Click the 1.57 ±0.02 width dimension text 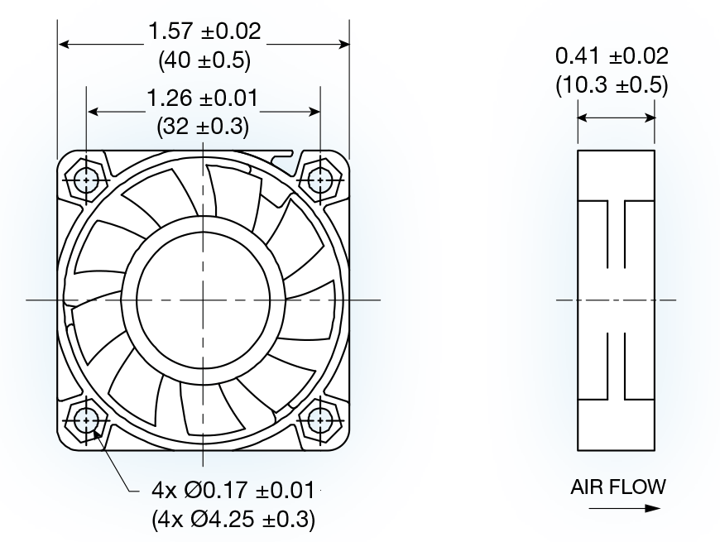(204, 32)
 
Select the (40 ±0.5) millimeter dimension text (204, 60)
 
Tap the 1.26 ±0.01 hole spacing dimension (204, 99)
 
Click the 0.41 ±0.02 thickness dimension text (612, 56)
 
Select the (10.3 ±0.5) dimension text (612, 84)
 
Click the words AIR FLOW (617, 487)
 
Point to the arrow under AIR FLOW (617, 508)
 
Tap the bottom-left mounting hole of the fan (86, 421)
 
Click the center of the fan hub (204, 300)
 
